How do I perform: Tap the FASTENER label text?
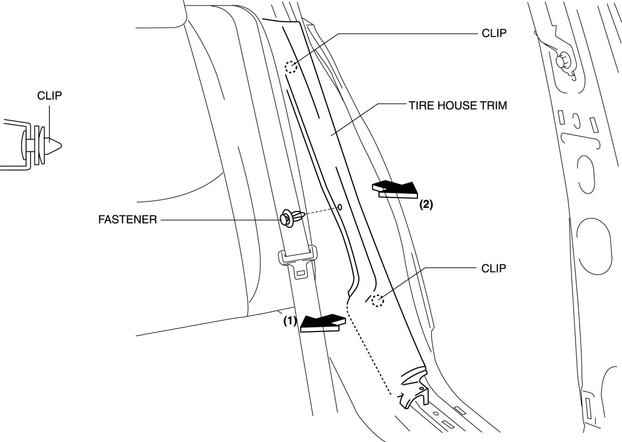point(128,219)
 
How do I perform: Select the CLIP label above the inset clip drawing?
point(50,95)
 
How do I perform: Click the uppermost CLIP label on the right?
point(493,33)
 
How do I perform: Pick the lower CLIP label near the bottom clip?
point(493,268)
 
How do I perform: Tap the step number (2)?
point(425,204)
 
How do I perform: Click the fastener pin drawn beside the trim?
point(291,217)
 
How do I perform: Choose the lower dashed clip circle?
point(378,300)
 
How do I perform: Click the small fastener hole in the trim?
point(340,207)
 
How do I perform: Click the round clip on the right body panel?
point(563,61)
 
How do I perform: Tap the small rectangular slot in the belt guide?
point(301,274)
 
